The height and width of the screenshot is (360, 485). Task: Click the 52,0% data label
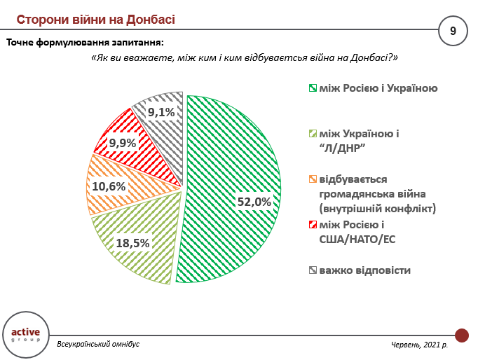[x=253, y=202]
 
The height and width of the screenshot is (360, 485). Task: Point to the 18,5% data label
[x=133, y=243]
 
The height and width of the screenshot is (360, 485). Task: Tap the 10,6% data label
[x=109, y=186]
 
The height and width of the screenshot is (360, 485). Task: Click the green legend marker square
[x=313, y=88]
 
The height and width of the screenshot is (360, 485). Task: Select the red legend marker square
[x=313, y=224]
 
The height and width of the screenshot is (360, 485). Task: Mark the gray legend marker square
[x=313, y=270]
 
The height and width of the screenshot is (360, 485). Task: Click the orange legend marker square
[x=313, y=179]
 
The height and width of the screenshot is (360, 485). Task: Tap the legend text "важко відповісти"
[x=365, y=270]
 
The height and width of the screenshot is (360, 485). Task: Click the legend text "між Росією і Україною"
[x=378, y=88]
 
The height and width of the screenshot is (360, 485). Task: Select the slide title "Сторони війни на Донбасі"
[x=95, y=18]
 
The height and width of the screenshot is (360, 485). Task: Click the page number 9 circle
[x=453, y=30]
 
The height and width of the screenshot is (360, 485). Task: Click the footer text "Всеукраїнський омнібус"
[x=98, y=345]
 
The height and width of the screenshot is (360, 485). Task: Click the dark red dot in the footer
[x=462, y=335]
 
